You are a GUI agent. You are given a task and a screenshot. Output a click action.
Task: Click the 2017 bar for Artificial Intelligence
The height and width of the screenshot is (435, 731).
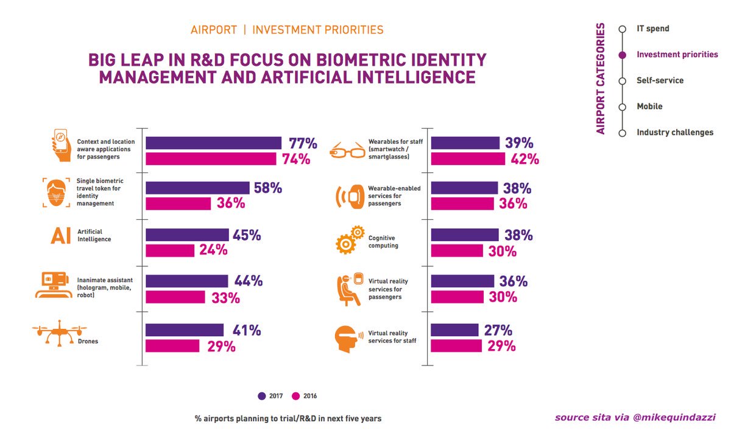click(187, 235)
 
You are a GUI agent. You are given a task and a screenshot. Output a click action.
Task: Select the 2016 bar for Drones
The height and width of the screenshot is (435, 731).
click(172, 346)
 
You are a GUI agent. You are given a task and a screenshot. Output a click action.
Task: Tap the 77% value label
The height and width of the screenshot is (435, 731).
click(303, 143)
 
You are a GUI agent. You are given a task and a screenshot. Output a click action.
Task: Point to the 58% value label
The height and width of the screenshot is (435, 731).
click(268, 188)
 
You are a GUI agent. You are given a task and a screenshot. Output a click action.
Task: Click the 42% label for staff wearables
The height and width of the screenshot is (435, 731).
click(524, 159)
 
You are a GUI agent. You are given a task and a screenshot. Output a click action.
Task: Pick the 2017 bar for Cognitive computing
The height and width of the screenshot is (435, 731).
click(465, 235)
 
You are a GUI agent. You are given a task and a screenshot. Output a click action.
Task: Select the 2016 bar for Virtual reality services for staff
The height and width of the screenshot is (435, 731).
click(456, 346)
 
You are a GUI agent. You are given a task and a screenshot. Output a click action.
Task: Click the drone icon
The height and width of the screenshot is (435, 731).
click(60, 333)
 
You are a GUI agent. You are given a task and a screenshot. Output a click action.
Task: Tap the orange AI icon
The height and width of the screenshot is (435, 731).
click(60, 236)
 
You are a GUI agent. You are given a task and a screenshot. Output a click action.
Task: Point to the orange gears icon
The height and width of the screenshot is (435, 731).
click(350, 239)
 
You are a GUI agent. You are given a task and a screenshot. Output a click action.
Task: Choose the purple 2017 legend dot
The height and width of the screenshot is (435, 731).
click(262, 396)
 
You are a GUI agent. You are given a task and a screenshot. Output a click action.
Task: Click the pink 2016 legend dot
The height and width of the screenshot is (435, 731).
click(295, 396)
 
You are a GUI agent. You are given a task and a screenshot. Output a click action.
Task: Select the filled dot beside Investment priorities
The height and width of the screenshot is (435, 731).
click(623, 55)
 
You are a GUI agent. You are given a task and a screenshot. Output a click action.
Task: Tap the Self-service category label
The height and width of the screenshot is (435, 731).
click(660, 80)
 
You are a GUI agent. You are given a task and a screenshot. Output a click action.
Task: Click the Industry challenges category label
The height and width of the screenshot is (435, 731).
click(675, 132)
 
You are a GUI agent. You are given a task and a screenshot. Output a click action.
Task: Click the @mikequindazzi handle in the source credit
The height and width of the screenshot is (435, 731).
click(674, 418)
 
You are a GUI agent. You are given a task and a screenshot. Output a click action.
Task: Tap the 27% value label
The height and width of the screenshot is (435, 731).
click(498, 330)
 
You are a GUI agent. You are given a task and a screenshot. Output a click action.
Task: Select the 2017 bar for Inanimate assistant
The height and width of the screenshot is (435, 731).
click(186, 281)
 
